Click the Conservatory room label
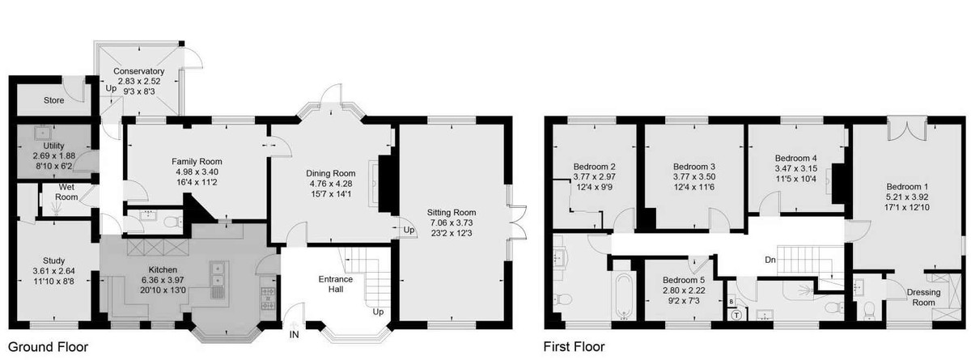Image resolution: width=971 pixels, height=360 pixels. coord(138,71)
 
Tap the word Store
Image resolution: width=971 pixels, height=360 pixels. coord(53,100)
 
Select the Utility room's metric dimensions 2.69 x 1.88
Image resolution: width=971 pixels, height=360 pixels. coord(53,155)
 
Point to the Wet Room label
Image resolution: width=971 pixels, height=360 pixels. coord(66,192)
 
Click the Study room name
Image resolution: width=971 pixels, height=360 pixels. coord(53,260)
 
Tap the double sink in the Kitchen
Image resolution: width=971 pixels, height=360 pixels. coord(217,275)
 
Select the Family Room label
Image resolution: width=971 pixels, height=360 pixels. coord(197,161)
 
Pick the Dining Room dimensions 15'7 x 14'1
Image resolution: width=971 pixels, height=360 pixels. coord(331,193)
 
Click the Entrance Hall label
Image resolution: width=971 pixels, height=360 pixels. coord(336,284)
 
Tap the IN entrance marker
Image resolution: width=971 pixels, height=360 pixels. coord(294,334)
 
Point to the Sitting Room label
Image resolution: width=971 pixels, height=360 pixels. coord(452,212)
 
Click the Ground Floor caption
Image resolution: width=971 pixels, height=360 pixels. coord(48,347)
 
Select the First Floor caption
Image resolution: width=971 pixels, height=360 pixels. coord(574,346)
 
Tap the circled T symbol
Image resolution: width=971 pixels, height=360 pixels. coord(736,316)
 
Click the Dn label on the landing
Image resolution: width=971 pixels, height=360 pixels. coord(770,260)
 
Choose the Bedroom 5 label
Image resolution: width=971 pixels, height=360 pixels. coord(684,280)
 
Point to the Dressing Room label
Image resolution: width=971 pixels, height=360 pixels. coord(924,297)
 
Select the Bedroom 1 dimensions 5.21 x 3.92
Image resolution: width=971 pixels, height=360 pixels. coord(906,197)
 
